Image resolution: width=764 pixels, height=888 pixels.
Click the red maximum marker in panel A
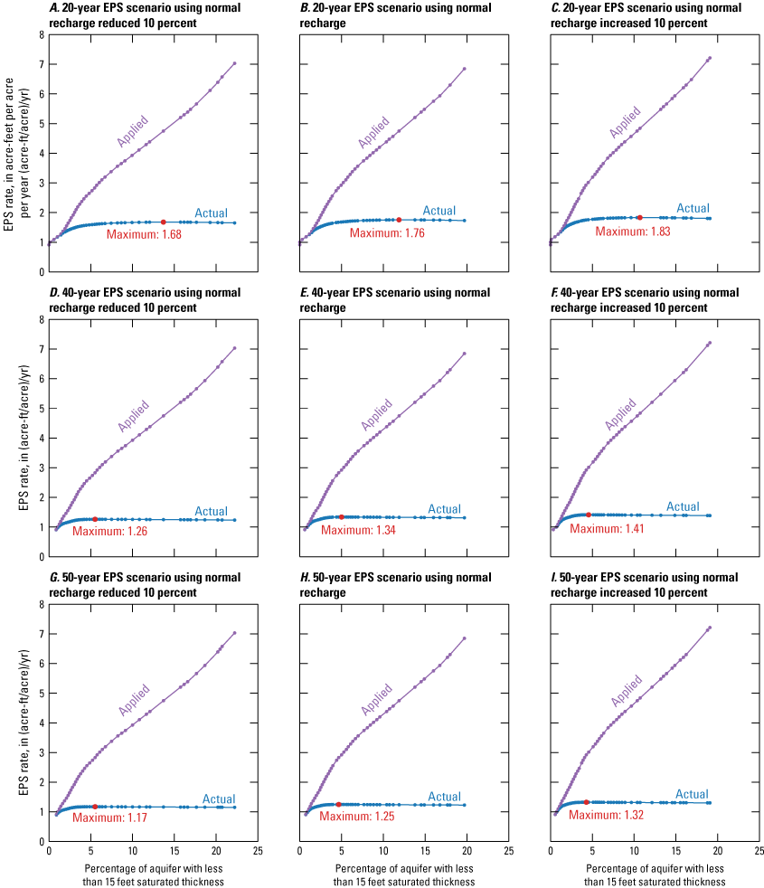[x=164, y=222]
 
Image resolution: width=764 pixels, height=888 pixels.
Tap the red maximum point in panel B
[x=399, y=220]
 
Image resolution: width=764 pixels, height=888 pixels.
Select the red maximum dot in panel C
[x=639, y=218]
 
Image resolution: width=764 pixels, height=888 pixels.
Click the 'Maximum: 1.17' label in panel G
[x=110, y=817]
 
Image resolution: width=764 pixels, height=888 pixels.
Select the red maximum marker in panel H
[x=339, y=804]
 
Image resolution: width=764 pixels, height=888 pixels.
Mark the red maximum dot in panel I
[x=587, y=802]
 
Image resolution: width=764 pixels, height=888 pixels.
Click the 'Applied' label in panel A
[x=132, y=132]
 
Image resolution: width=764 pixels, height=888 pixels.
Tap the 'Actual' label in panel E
[x=444, y=510]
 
